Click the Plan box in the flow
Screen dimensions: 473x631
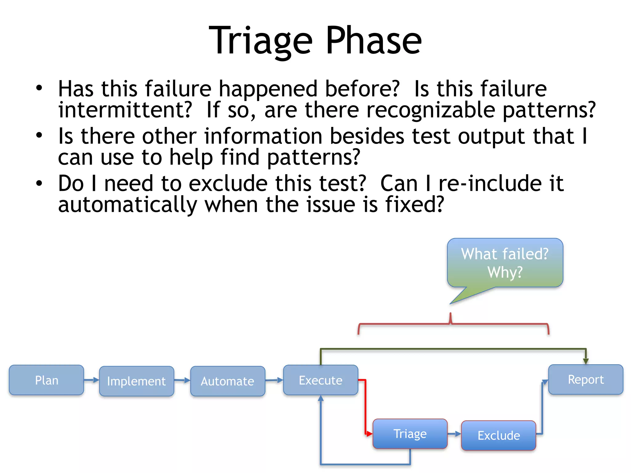click(46, 380)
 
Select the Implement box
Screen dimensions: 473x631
click(136, 381)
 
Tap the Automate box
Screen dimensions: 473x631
click(227, 381)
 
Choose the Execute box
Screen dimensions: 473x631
click(320, 380)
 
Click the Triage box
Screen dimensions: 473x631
click(410, 434)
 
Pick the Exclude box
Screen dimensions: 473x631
click(499, 435)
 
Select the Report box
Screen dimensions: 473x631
click(585, 379)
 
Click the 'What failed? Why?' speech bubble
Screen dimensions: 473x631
click(505, 263)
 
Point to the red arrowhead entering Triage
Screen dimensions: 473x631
click(370, 434)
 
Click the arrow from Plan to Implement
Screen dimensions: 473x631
click(92, 380)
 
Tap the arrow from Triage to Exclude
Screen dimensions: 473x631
click(454, 434)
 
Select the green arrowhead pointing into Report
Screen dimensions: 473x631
click(586, 361)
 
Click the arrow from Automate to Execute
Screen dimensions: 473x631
click(274, 380)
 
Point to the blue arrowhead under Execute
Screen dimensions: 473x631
click(321, 398)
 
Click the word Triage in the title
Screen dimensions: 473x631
click(261, 41)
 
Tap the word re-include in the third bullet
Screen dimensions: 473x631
click(490, 183)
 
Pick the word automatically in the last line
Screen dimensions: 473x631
click(128, 205)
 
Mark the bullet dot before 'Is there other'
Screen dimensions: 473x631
click(39, 135)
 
